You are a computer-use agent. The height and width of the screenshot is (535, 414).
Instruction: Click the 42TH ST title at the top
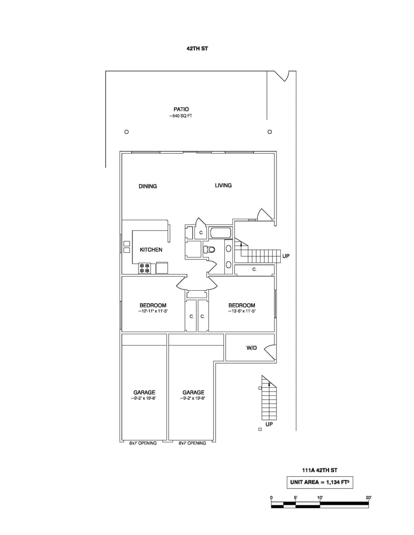tap(197, 49)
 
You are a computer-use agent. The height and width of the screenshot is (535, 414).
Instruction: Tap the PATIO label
tap(181, 109)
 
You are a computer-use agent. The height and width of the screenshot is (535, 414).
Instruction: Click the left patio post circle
tap(126, 132)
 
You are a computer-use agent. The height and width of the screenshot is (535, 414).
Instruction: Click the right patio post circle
tap(270, 132)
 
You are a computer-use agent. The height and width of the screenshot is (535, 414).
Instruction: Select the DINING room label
tap(147, 186)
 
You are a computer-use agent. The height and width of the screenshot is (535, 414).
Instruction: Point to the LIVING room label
tap(223, 185)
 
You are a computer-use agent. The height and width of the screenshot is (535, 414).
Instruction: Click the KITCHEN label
tap(151, 250)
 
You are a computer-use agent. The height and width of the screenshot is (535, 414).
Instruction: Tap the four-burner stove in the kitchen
tap(144, 268)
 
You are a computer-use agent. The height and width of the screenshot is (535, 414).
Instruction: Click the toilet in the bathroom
tap(210, 249)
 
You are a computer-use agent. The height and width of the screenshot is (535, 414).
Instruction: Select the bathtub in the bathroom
tap(221, 233)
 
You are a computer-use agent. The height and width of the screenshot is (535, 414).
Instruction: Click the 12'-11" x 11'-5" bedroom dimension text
tap(153, 311)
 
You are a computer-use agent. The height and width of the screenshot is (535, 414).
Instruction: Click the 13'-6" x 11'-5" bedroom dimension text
tap(242, 311)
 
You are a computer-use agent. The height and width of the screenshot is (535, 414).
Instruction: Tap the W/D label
tap(251, 348)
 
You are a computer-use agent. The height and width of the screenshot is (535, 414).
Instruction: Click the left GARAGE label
tap(144, 392)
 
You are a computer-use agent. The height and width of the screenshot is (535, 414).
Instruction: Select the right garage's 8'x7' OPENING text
tap(192, 443)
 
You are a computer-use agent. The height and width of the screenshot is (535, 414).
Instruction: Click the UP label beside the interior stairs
tap(286, 256)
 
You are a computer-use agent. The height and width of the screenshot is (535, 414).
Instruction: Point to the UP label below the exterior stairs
tap(269, 424)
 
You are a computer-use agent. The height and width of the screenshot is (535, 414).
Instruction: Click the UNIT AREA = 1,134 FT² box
tap(320, 482)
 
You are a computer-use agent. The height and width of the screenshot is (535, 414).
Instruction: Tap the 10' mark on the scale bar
tap(320, 498)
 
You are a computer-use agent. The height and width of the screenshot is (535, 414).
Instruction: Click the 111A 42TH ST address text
tap(320, 470)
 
